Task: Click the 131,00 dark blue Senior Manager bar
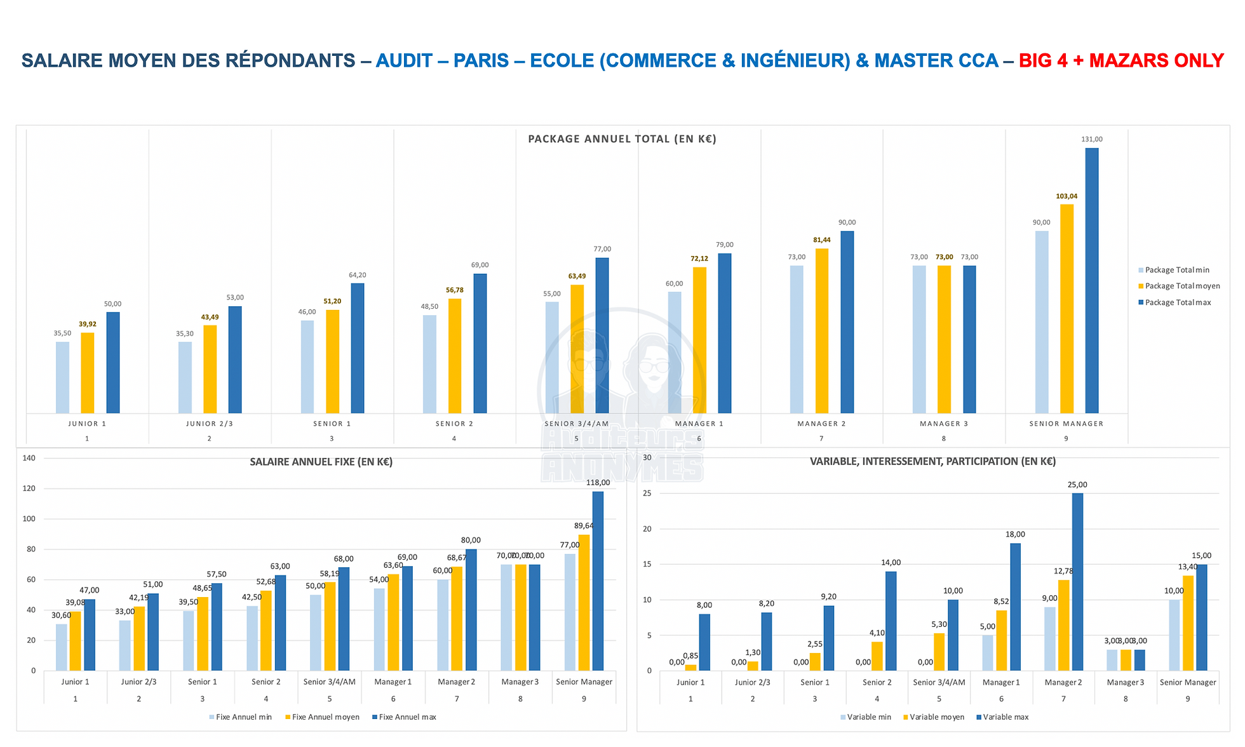click(x=1091, y=280)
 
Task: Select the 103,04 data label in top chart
click(x=1067, y=196)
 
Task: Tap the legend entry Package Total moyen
click(x=1181, y=286)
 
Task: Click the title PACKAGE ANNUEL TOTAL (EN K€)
click(x=622, y=139)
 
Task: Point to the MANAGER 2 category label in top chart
click(x=821, y=424)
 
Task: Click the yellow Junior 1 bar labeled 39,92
click(x=88, y=373)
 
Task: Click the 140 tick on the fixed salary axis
click(x=29, y=458)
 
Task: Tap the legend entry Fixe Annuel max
click(x=407, y=717)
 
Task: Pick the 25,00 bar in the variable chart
click(x=1077, y=581)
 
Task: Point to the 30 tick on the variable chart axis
click(x=647, y=457)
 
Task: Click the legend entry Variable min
click(x=868, y=717)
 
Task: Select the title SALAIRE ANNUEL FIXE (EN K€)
click(x=321, y=462)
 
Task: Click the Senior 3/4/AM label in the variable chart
click(x=939, y=682)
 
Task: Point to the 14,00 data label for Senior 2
click(x=891, y=562)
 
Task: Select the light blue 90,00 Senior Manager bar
click(x=1041, y=321)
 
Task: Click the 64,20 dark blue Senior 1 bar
click(x=357, y=348)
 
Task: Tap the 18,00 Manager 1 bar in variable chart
click(x=1015, y=607)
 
